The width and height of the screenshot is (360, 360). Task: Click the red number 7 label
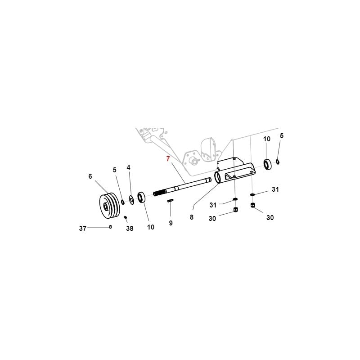click(x=168, y=158)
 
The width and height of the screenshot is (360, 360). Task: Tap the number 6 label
click(x=90, y=176)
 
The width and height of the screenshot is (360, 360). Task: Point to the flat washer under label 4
click(x=132, y=199)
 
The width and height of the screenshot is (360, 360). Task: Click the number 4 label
click(x=129, y=167)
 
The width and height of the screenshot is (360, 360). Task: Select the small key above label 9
click(x=170, y=200)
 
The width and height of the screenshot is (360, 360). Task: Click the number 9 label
click(x=171, y=223)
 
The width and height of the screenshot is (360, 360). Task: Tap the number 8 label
click(x=192, y=217)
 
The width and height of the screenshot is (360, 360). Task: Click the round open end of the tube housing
click(x=217, y=177)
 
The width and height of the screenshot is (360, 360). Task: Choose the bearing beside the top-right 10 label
click(x=267, y=164)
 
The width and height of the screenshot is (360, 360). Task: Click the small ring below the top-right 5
click(x=278, y=162)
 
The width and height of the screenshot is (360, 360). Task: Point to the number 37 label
click(x=83, y=228)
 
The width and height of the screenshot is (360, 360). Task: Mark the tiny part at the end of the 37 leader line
click(x=110, y=227)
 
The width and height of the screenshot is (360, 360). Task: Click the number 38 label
click(x=130, y=229)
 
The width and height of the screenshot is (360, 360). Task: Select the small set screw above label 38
click(x=126, y=217)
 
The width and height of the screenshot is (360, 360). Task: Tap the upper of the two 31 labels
click(x=275, y=189)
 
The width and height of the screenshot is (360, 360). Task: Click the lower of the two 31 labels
click(x=213, y=205)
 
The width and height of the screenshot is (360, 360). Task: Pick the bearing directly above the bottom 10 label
click(x=141, y=198)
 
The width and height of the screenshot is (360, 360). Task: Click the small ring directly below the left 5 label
click(x=123, y=202)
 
